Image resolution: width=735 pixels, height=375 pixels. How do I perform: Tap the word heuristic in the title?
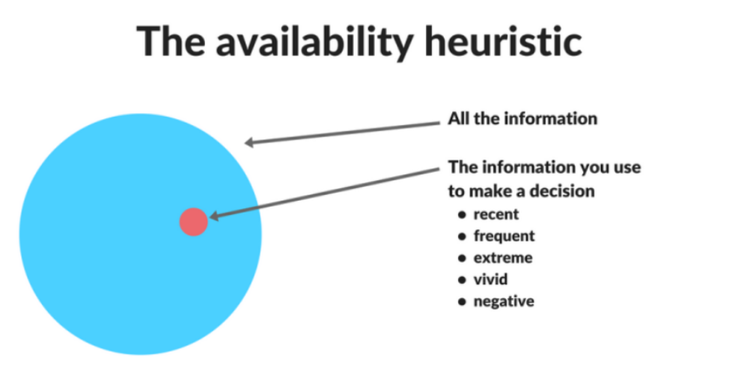(x=503, y=41)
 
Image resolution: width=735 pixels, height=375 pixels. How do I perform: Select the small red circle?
(x=194, y=222)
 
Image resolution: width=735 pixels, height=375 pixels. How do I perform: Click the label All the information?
(x=522, y=118)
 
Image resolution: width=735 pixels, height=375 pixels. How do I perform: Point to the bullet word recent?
(x=496, y=215)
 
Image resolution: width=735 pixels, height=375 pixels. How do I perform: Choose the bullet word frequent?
(x=504, y=236)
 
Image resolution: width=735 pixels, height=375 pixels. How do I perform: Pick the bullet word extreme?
(x=503, y=257)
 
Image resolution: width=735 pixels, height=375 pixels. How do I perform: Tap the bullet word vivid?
(x=490, y=279)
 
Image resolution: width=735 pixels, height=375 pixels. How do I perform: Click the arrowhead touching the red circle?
(x=214, y=216)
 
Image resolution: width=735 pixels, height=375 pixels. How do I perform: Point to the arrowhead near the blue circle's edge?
(x=250, y=142)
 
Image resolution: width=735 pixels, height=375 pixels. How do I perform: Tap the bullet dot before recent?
(x=463, y=215)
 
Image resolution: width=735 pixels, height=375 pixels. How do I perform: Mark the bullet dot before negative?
(x=463, y=302)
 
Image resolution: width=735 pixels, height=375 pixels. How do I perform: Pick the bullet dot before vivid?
(x=463, y=280)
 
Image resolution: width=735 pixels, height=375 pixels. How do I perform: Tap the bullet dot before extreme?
(x=463, y=258)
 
